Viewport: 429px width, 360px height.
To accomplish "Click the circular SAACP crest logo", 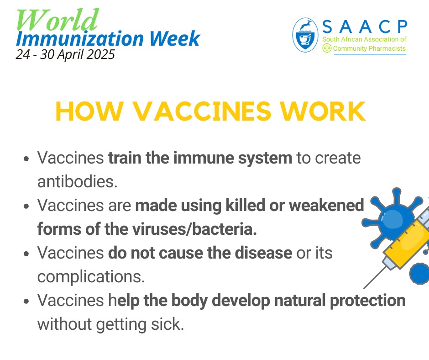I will [x=306, y=35].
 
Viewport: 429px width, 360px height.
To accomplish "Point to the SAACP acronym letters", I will [x=364, y=27].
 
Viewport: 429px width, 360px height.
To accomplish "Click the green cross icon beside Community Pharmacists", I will [x=327, y=48].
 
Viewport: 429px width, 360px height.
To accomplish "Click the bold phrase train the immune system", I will [x=200, y=158].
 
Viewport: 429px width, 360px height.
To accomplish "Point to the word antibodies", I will [x=77, y=181].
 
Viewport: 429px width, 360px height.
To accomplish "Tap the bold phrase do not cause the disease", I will [x=200, y=253].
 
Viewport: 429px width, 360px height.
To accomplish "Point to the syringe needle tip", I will [x=365, y=287].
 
